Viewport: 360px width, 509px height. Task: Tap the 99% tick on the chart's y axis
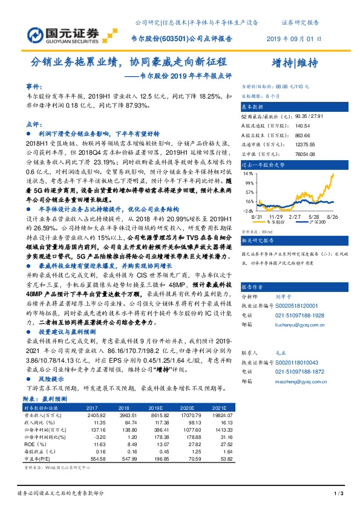tap(249, 181)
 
